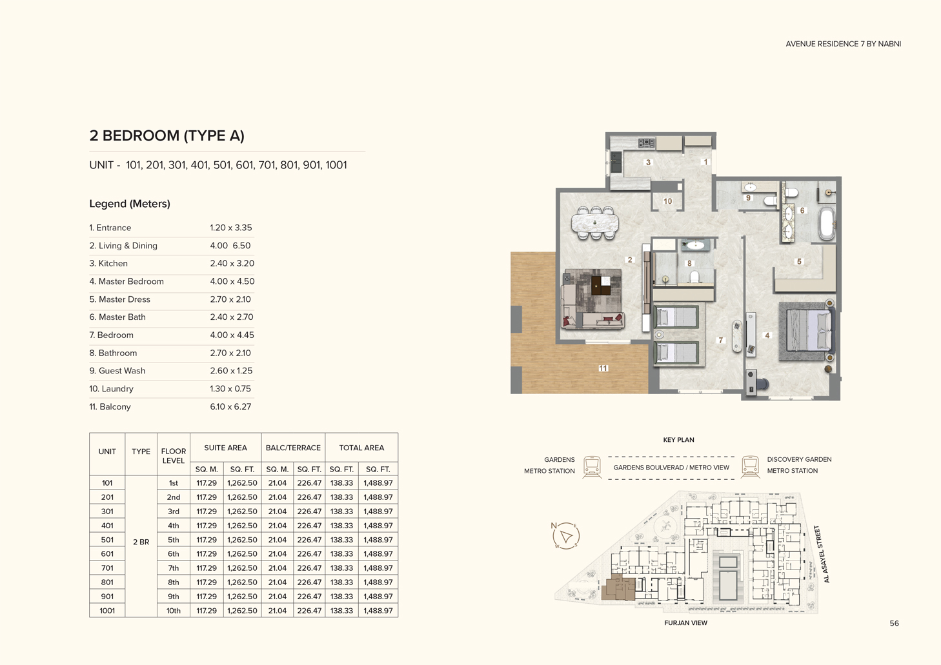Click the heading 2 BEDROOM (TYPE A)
coord(167,136)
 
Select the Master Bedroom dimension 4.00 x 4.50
coord(232,282)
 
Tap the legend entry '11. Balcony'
coord(110,407)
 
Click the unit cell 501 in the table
coord(107,540)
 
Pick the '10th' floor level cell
coord(174,611)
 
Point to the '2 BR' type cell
coord(141,542)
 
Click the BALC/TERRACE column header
coord(293,448)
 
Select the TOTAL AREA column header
coord(361,448)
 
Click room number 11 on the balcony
coord(603,368)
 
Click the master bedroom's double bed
coord(807,331)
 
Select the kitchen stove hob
coord(647,143)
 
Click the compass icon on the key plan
coord(565,536)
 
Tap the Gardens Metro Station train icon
coord(592,466)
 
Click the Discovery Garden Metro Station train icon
coord(750,466)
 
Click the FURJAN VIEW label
coord(685,623)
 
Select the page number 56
coord(894,624)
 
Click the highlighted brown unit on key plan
coord(618,590)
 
